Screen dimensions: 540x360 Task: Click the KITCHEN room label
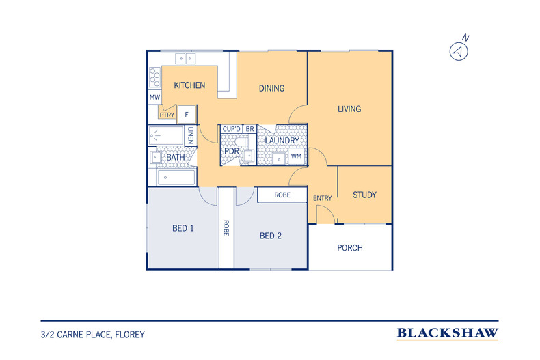[x=189, y=85]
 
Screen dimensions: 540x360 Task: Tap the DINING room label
[x=272, y=88]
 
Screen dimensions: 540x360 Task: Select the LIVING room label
[x=349, y=109]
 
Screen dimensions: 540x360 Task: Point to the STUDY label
[x=364, y=195]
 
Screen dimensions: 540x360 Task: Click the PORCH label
[x=350, y=248]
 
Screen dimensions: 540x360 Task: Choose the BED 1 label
[x=183, y=228]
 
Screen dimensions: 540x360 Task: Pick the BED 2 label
[x=271, y=236]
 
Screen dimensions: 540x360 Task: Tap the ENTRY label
[x=323, y=198]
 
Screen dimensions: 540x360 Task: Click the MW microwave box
[x=154, y=97]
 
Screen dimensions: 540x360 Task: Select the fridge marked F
[x=187, y=114]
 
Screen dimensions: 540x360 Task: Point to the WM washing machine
[x=296, y=156]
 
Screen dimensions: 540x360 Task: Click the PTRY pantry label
[x=167, y=115]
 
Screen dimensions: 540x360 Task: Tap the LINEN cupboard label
[x=191, y=135]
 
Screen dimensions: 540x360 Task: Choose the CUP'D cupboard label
[x=232, y=129]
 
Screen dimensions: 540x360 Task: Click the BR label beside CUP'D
[x=249, y=129]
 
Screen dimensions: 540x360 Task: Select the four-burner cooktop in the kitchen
[x=154, y=77]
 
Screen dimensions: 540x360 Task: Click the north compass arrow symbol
[x=459, y=52]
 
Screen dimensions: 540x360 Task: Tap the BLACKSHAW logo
[x=447, y=333]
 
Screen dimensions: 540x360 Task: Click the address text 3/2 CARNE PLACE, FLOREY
[x=93, y=335]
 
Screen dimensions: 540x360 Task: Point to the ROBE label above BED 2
[x=282, y=195]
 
